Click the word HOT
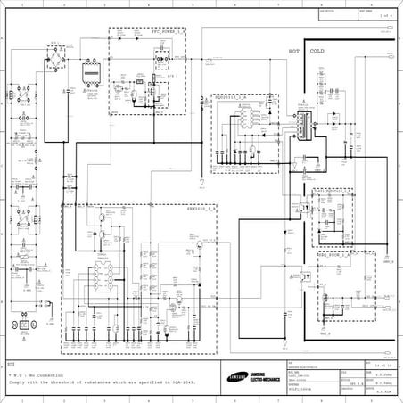click(292, 52)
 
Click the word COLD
click(317, 52)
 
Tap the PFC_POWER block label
click(169, 31)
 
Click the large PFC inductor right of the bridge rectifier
click(90, 75)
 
